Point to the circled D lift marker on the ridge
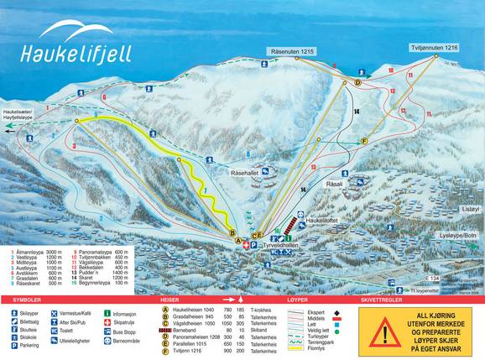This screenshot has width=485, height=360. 357,83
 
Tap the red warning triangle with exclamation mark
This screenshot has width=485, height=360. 382,332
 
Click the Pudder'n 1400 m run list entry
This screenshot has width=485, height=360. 103,274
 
